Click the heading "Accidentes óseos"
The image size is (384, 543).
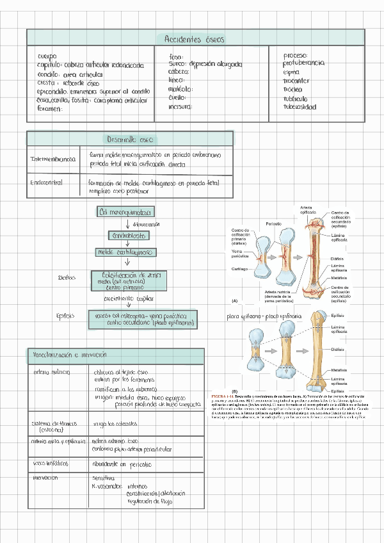(194, 39)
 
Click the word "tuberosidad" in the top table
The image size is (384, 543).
(300, 108)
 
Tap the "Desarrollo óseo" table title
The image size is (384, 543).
(130, 139)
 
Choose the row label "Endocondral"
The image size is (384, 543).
(46, 183)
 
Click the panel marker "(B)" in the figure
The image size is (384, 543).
(235, 391)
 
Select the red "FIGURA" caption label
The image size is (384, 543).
(220, 398)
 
